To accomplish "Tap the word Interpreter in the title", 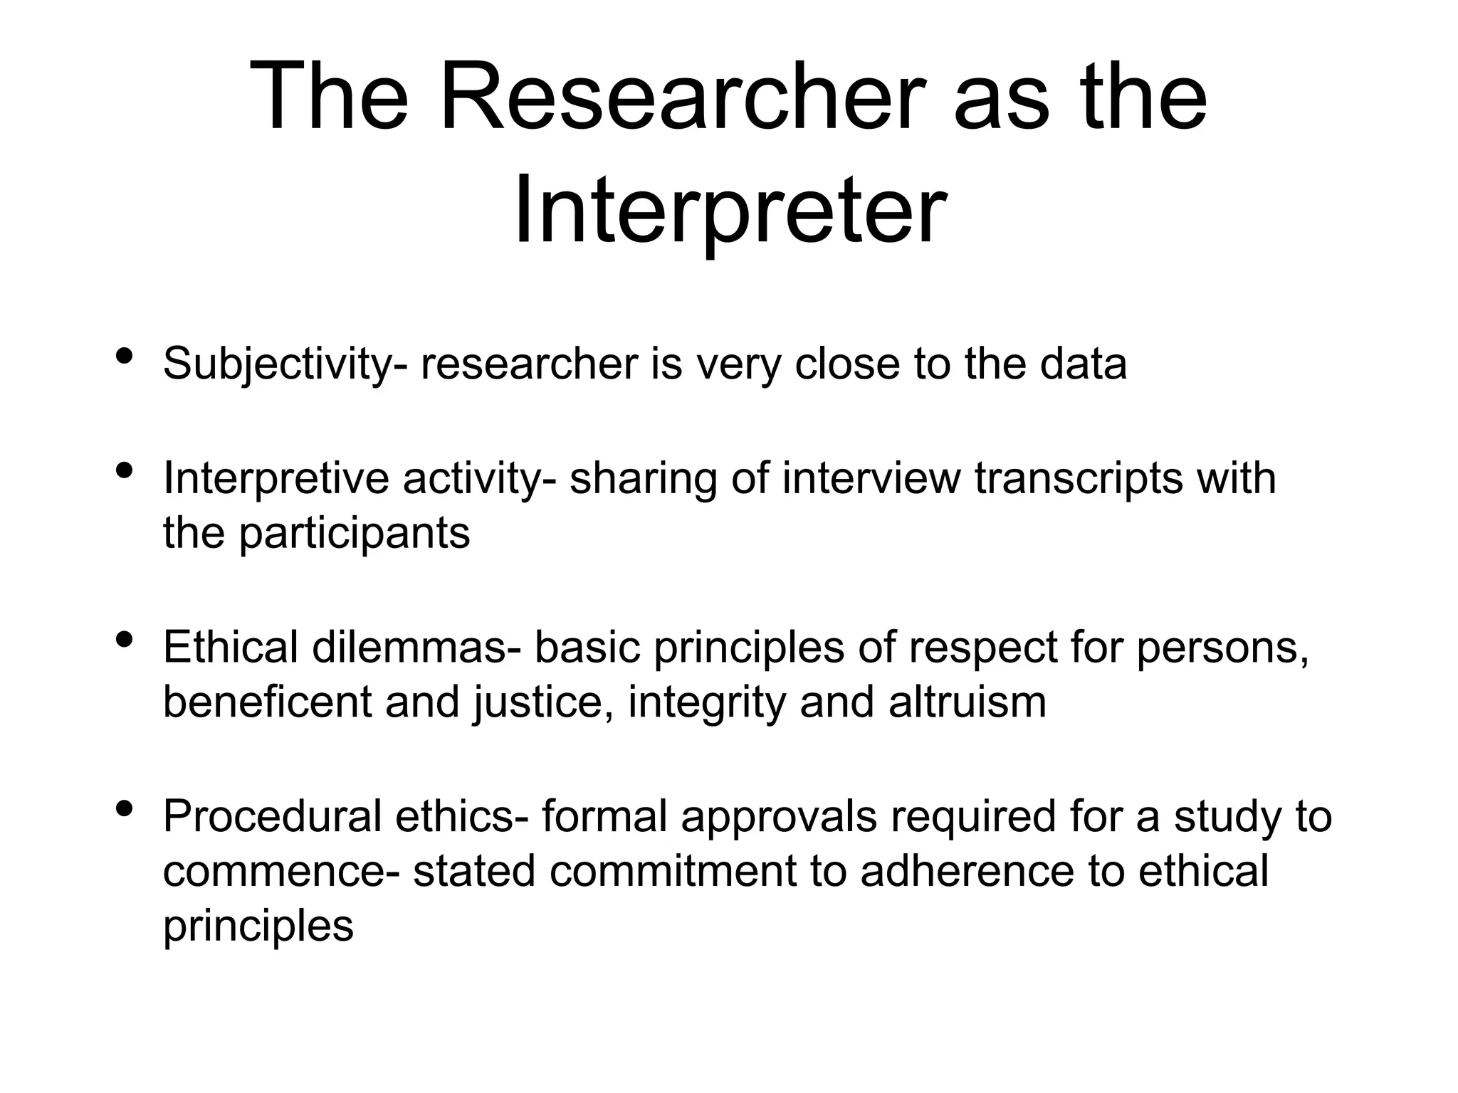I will click(x=730, y=209).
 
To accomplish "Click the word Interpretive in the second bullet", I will click(x=276, y=478).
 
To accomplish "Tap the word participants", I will click(x=354, y=533).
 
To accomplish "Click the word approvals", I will click(x=778, y=817).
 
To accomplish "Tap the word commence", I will click(x=280, y=871).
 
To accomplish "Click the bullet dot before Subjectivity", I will click(x=125, y=355).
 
